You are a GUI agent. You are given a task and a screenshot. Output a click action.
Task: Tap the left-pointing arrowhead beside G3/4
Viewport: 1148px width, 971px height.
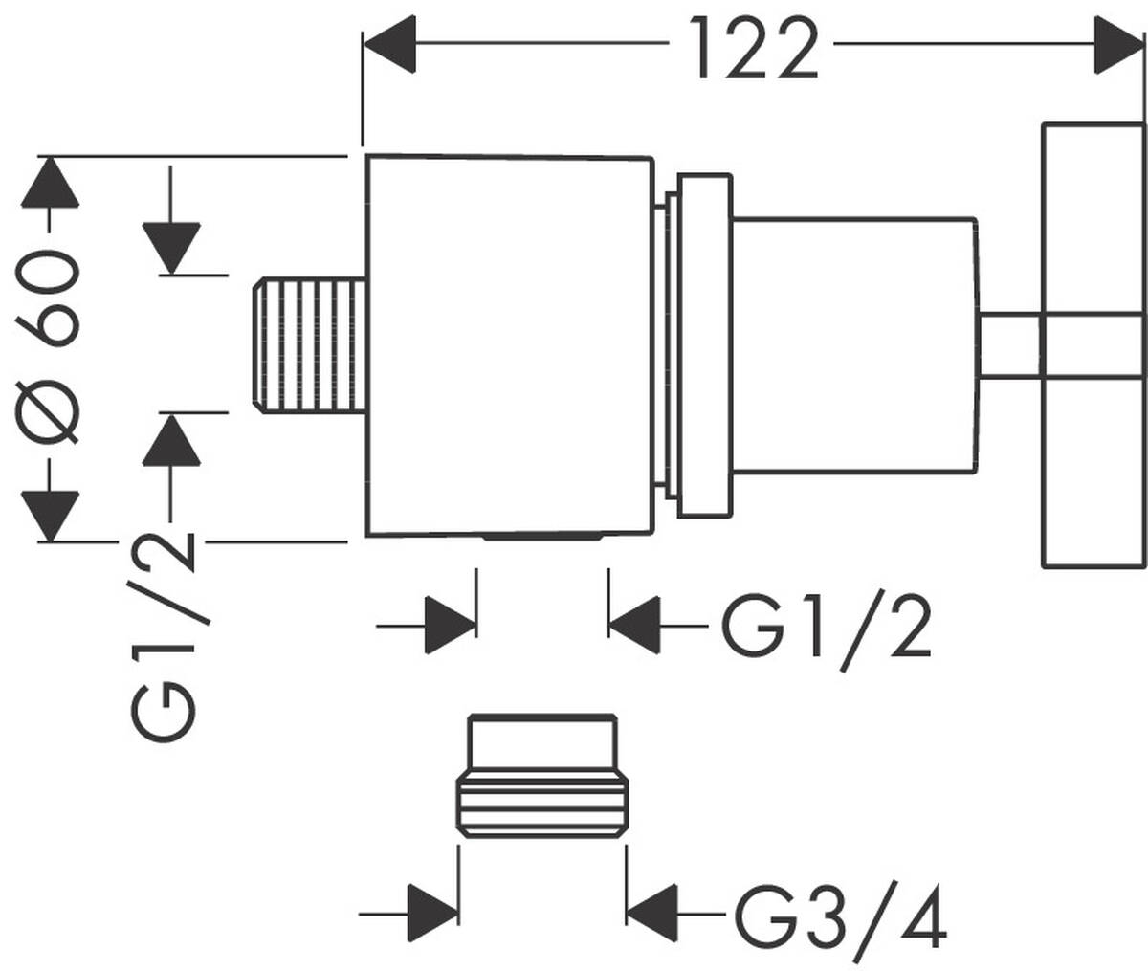coord(652,903)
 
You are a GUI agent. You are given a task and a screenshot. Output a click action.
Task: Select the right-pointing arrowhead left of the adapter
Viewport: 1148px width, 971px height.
coord(432,903)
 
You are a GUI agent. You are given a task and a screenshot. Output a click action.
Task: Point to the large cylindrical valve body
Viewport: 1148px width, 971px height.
coord(512,344)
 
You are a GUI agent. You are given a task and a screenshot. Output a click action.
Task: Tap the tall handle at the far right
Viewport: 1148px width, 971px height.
coord(1093,346)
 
